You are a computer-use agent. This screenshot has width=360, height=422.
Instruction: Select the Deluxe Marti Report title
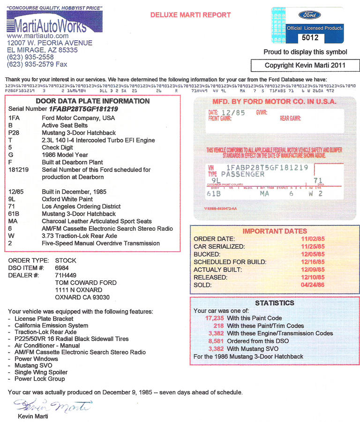190,15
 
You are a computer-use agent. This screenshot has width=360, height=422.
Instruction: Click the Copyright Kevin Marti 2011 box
304,65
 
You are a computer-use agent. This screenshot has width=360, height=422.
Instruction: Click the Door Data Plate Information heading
92,101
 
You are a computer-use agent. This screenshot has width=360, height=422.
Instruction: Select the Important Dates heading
275,231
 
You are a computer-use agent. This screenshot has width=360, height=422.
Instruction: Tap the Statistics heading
275,303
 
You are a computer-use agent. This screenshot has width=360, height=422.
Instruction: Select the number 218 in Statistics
218,325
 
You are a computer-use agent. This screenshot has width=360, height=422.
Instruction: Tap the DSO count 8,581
216,341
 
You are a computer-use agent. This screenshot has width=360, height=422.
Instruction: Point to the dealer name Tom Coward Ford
86,283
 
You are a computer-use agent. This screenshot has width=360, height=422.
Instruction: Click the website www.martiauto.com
37,36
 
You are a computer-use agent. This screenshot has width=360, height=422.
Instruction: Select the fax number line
37,64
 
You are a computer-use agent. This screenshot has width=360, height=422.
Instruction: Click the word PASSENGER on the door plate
243,174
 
